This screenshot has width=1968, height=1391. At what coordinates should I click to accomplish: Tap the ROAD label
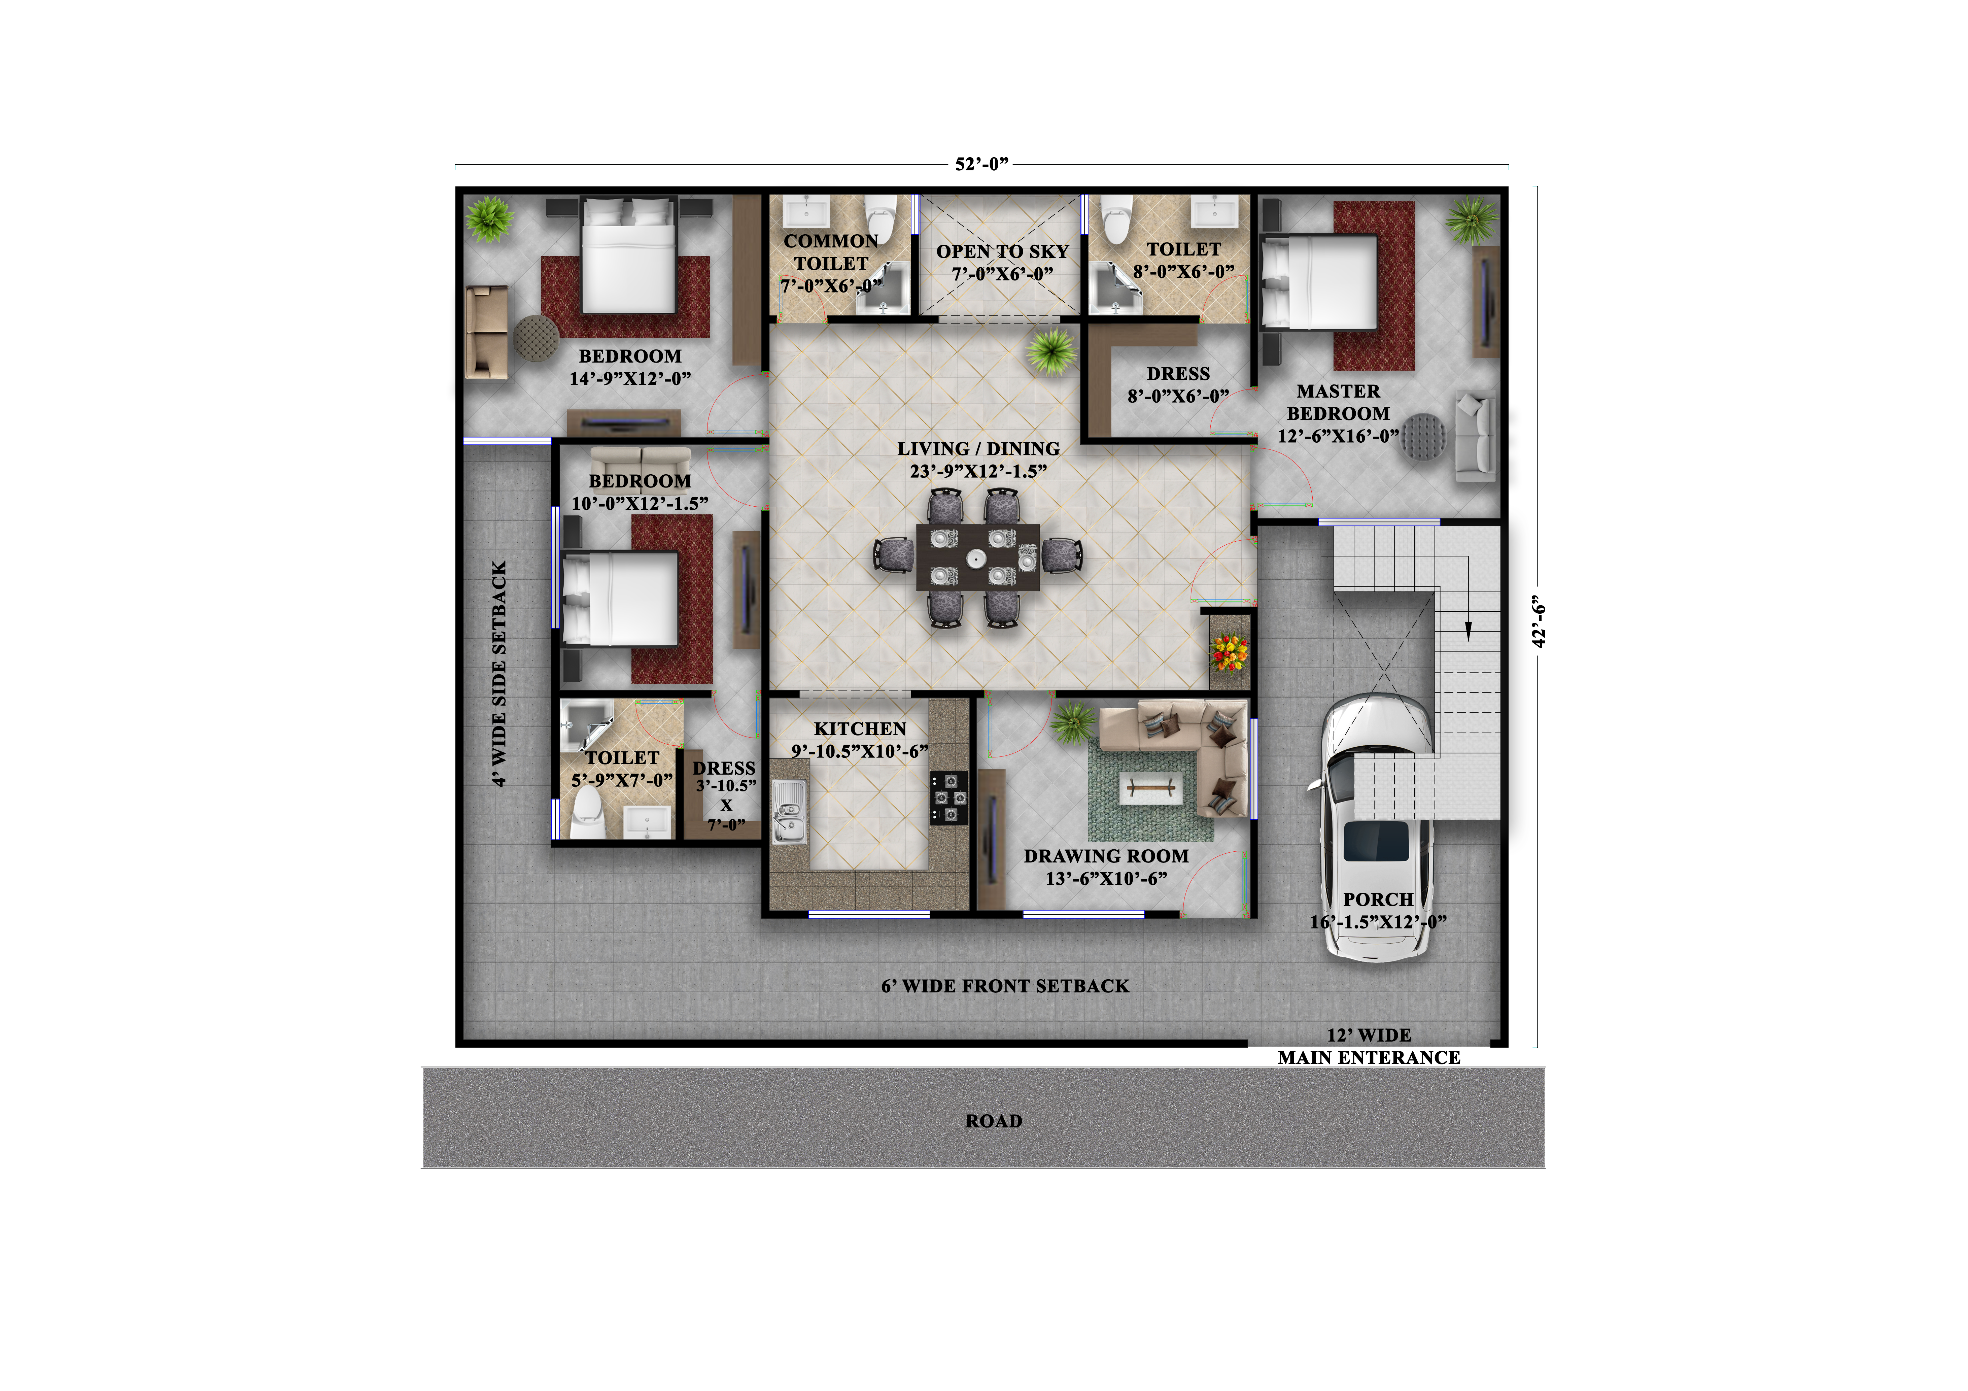coord(994,1121)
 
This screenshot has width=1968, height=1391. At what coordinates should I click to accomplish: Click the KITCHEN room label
coord(860,728)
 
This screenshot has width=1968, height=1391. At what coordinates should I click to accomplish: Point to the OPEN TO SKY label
coord(1002,251)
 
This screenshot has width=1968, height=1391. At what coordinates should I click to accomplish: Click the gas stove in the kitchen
coord(949,798)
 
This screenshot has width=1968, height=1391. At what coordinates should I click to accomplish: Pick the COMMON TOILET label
coord(831,252)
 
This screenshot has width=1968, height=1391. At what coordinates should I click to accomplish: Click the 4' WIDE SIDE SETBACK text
coord(499,674)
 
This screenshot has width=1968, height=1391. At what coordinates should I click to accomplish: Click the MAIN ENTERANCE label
coord(1369,1058)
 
